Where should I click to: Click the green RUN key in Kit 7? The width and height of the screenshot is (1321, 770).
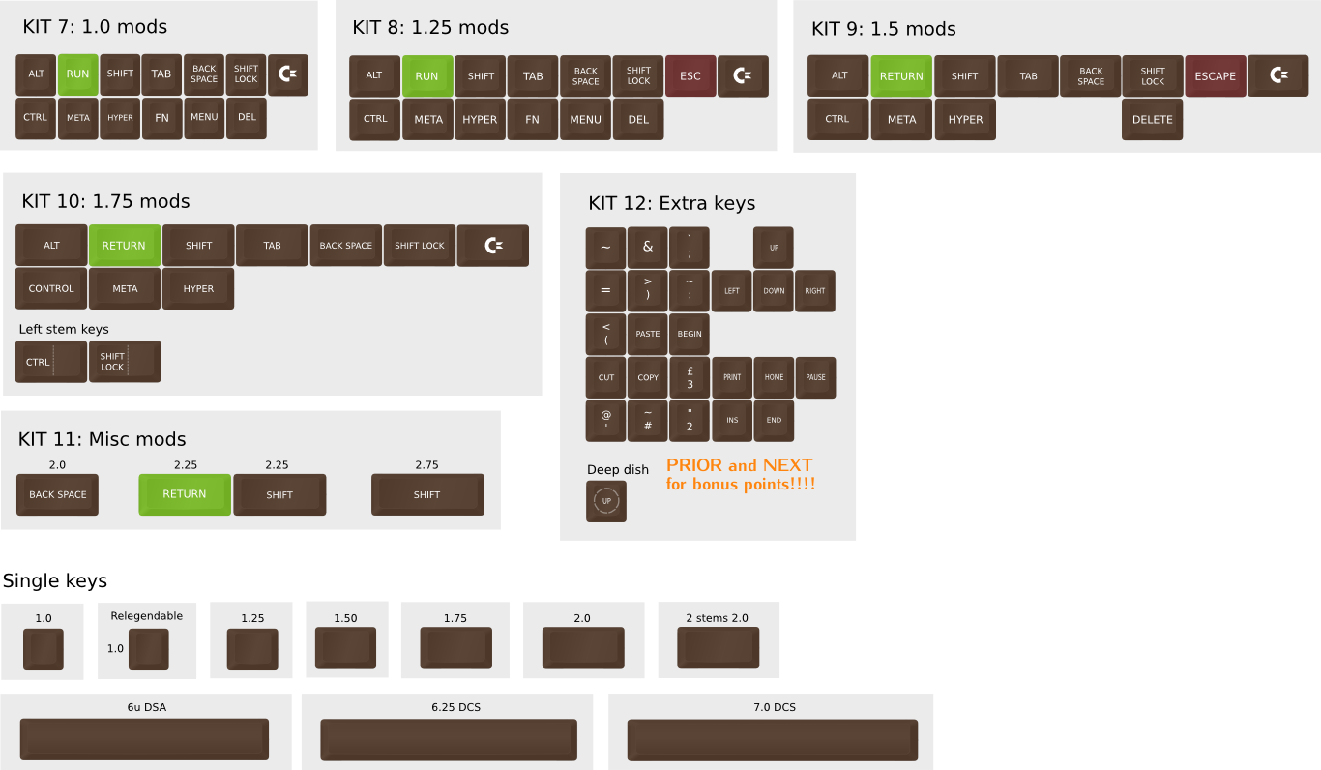click(77, 74)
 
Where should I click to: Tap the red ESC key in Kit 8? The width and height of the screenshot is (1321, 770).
click(690, 76)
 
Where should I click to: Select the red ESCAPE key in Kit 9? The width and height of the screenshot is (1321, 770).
click(1216, 76)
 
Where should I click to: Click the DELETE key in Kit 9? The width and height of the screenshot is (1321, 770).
click(1153, 120)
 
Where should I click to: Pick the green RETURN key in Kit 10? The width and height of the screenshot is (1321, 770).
click(124, 246)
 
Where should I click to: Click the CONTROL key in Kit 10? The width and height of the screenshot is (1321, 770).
click(51, 289)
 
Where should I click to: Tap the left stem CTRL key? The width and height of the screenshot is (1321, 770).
click(51, 362)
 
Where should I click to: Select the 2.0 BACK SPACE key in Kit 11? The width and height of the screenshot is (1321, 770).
click(57, 494)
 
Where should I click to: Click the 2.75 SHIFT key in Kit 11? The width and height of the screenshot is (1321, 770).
click(427, 494)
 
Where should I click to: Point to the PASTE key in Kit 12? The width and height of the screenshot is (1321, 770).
click(648, 334)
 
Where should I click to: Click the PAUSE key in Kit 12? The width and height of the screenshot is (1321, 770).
click(815, 377)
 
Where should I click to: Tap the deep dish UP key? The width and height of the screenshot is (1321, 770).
click(606, 501)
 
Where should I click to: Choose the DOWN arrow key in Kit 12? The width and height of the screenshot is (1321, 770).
click(774, 291)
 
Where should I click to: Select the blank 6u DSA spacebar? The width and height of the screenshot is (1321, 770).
click(145, 740)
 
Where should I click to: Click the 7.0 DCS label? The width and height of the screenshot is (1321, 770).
click(775, 707)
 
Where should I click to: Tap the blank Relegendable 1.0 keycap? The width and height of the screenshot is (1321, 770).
click(148, 649)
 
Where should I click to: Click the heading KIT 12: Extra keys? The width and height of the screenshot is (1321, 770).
click(671, 203)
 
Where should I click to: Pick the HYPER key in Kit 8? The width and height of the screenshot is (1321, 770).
click(480, 120)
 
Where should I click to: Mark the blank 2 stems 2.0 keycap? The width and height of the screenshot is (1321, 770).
click(718, 647)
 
